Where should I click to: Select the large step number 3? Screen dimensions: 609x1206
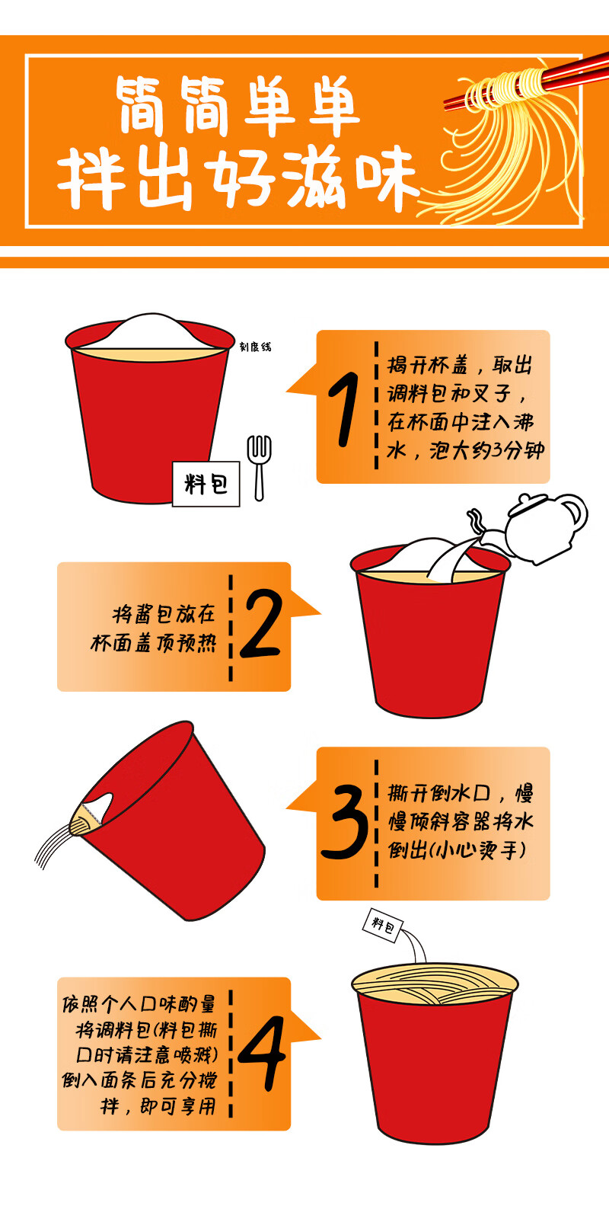[x=345, y=821]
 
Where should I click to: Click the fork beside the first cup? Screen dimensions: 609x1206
[x=259, y=467]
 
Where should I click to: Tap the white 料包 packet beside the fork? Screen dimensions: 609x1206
[x=206, y=484]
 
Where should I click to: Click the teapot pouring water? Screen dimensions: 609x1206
[x=538, y=528]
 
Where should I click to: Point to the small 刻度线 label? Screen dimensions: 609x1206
[x=255, y=347]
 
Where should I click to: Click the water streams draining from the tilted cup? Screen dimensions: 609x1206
[x=54, y=846]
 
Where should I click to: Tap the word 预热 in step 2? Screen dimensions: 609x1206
[x=198, y=642]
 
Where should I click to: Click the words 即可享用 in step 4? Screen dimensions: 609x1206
[x=177, y=1107]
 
